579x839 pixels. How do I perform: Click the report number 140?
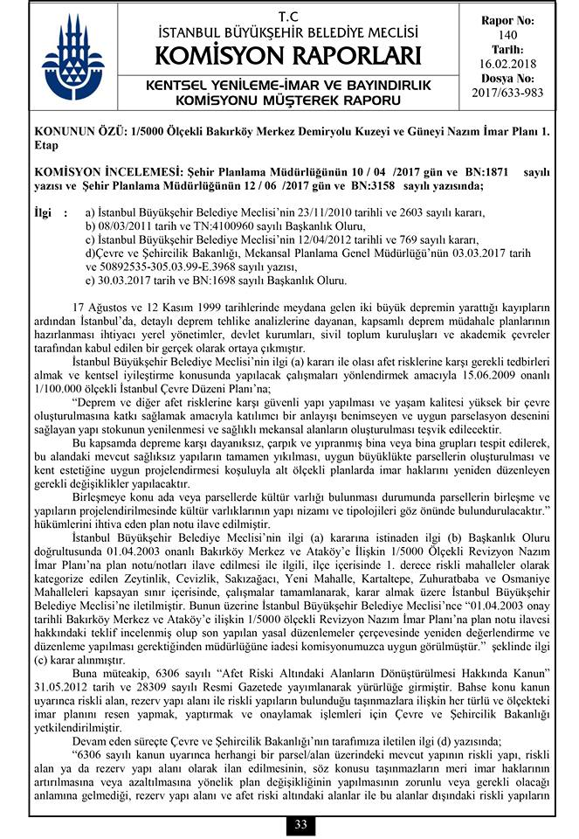coord(508,34)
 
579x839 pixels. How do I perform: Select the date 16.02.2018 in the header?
coord(508,64)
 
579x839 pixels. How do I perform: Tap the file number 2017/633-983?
coord(508,92)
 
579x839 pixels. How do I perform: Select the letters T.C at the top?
coord(286,17)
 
